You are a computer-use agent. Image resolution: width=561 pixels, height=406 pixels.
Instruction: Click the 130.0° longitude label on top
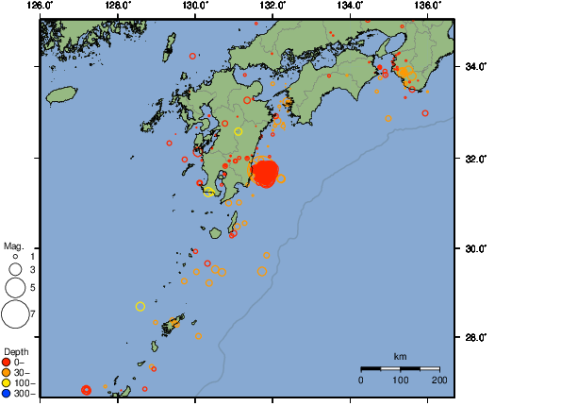[194, 6]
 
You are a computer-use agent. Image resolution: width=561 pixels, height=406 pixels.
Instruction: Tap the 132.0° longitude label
[272, 6]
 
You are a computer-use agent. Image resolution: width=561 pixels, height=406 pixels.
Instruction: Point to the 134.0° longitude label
[350, 6]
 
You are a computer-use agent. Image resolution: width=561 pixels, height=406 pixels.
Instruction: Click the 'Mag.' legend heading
[12, 245]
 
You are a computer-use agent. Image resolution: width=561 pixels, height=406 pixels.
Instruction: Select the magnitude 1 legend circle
[15, 256]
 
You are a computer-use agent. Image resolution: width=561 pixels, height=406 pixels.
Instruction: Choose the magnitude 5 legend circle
[15, 287]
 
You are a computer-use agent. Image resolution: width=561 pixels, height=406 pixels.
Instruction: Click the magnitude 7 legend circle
[15, 313]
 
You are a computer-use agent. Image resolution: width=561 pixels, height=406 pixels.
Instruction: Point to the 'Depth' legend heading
[14, 351]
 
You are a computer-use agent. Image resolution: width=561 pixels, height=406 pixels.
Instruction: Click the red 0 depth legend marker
[7, 362]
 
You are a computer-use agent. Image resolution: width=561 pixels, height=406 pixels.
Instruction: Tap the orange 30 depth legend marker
[7, 372]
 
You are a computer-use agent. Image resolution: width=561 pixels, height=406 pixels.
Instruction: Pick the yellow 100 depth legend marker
[7, 382]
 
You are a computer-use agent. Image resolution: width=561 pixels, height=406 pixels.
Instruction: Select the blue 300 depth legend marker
[7, 393]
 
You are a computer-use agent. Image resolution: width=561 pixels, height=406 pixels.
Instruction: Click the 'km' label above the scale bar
[401, 356]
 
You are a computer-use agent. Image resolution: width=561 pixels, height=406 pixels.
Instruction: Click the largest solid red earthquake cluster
[266, 173]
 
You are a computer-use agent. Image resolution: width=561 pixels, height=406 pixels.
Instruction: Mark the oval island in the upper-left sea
[61, 94]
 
